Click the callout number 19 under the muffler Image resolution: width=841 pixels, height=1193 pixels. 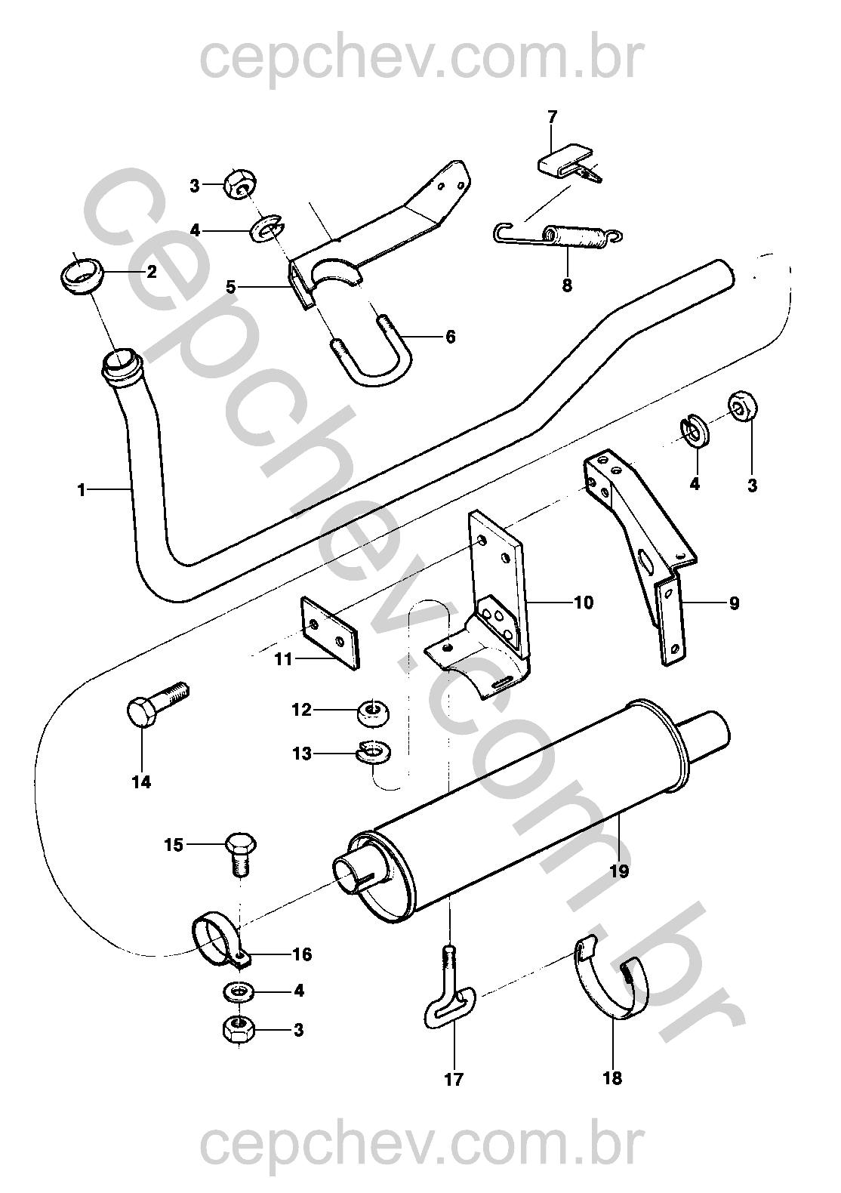(x=619, y=871)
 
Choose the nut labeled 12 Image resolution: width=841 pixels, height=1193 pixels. (x=373, y=711)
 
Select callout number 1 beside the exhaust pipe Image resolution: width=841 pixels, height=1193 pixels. (x=82, y=490)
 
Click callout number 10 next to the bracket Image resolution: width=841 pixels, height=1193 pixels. (x=584, y=603)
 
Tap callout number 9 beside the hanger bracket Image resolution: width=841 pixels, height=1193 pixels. (x=733, y=603)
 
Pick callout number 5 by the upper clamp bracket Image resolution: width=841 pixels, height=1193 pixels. (x=231, y=287)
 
